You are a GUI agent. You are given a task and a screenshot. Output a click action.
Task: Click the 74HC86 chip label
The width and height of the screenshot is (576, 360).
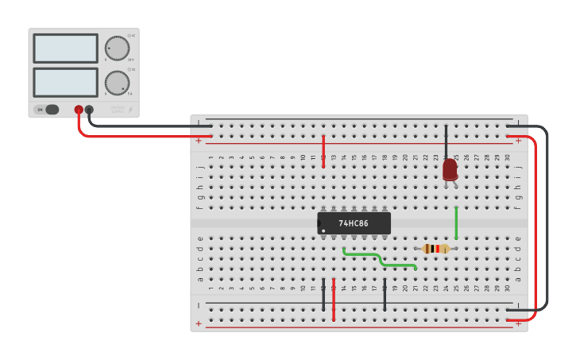[x=354, y=223]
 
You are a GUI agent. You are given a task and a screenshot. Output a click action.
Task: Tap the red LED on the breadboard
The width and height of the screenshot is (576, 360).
[x=450, y=168]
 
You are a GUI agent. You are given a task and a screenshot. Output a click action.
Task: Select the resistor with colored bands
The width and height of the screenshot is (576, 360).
[x=436, y=249]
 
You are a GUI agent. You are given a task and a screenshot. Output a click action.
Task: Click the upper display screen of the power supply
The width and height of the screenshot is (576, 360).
[x=66, y=48]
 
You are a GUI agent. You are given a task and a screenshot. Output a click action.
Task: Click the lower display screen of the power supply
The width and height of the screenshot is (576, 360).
[x=66, y=82]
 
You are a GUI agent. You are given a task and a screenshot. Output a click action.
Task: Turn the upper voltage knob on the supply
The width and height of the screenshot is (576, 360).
[x=117, y=48]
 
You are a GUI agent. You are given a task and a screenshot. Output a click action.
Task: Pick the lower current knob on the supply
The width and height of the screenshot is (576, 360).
[x=117, y=83]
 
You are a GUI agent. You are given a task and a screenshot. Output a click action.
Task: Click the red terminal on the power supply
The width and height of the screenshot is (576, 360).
[x=79, y=110]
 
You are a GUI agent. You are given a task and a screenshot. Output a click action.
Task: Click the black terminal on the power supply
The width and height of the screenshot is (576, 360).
[x=89, y=110]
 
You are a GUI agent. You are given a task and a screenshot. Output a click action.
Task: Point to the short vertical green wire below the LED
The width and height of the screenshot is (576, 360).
[x=456, y=223]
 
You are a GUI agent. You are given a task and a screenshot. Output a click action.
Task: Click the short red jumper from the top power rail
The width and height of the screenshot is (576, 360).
[x=323, y=151]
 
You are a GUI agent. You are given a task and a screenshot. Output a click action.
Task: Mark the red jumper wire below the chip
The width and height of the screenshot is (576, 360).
[x=334, y=299]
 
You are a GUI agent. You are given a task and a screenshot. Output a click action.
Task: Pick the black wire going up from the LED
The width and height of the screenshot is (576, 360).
[x=446, y=141]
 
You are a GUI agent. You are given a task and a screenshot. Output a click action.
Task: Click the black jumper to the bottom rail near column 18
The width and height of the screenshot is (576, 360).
[x=385, y=294]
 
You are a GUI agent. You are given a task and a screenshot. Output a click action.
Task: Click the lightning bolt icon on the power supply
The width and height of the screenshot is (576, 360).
[x=131, y=109]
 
